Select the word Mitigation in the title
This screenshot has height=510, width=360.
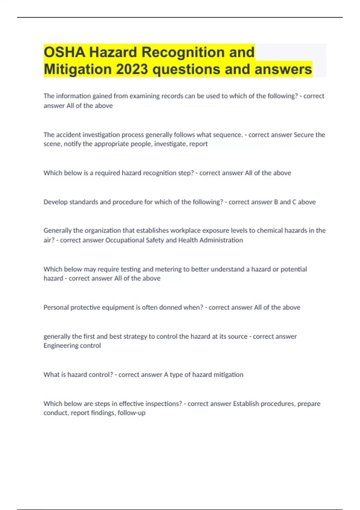[78, 69]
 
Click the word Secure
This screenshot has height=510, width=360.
[304, 135]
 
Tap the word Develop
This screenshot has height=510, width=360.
[55, 202]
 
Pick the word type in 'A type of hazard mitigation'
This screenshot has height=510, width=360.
[176, 375]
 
